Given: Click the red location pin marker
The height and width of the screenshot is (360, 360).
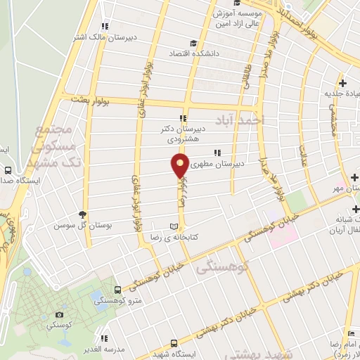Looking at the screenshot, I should coord(180,166).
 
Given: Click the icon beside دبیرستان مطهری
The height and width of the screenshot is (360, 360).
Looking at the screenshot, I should coord(218,152).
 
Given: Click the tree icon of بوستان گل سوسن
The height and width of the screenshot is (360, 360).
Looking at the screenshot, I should coord(84,214).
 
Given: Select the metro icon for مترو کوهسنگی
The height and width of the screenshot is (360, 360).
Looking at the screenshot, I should coord(115,290).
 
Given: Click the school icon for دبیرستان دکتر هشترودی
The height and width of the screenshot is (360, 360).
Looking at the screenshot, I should coord(183,117).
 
